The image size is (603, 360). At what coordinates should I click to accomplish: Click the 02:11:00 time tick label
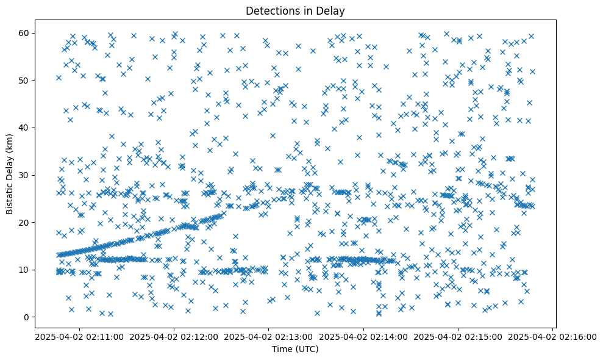tap(79, 336)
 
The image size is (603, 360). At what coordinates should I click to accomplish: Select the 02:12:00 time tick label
tap(174, 336)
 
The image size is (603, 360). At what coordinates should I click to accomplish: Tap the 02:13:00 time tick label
tap(269, 336)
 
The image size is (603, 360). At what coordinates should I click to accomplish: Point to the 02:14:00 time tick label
tap(363, 336)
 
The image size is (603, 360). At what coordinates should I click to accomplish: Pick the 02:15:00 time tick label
tap(458, 336)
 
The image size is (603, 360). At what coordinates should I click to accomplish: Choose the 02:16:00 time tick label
tap(553, 336)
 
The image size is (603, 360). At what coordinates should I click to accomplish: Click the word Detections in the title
tap(270, 10)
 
